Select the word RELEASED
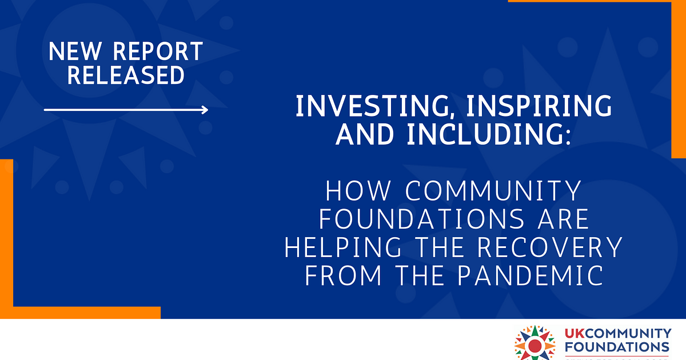pyautogui.click(x=126, y=75)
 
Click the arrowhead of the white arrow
pyautogui.click(x=205, y=110)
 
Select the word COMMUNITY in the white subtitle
pyautogui.click(x=493, y=191)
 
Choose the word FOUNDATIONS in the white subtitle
pyautogui.click(x=417, y=219)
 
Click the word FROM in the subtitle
pyautogui.click(x=342, y=275)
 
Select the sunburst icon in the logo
pyautogui.click(x=535, y=344)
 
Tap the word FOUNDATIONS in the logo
pyautogui.click(x=617, y=347)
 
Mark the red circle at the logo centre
pyautogui.click(x=535, y=346)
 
